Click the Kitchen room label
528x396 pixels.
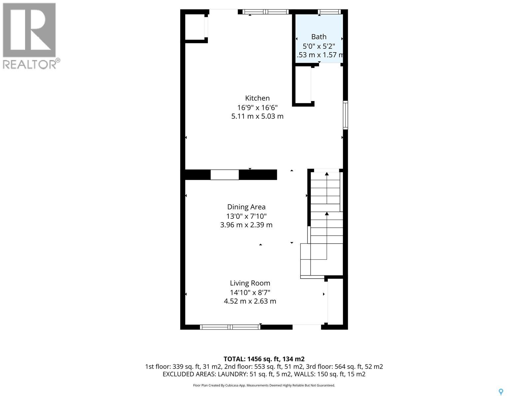pyautogui.click(x=257, y=98)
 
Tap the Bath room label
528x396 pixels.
pyautogui.click(x=319, y=37)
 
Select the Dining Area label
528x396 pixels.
pyautogui.click(x=246, y=207)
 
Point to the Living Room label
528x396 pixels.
pyautogui.click(x=250, y=283)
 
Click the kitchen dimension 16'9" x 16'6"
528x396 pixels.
pyautogui.click(x=257, y=107)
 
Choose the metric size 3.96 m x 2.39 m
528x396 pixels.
pyautogui.click(x=246, y=225)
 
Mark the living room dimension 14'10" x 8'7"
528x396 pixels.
pyautogui.click(x=250, y=292)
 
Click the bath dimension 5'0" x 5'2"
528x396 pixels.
pyautogui.click(x=319, y=46)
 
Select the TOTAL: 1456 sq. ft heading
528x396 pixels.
pyautogui.click(x=264, y=359)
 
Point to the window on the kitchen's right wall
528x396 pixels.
pyautogui.click(x=345, y=115)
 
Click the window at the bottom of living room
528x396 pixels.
pyautogui.click(x=230, y=327)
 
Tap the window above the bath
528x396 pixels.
pyautogui.click(x=329, y=12)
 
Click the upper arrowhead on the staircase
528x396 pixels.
pyautogui.click(x=327, y=174)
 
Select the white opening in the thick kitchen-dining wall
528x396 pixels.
pyautogui.click(x=224, y=175)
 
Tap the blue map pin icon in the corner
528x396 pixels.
pyautogui.click(x=501, y=392)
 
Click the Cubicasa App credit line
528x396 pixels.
pyautogui.click(x=264, y=385)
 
